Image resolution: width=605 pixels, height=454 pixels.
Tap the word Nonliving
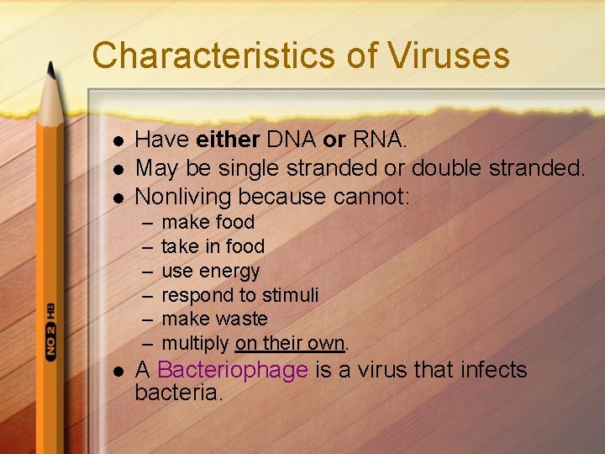coord(183,197)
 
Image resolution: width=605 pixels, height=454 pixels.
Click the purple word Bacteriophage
coord(233,370)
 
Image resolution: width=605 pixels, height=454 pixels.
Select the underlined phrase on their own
coord(290,343)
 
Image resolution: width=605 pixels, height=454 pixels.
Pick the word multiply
coord(194,343)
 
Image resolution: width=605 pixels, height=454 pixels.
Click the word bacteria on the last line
coord(178,393)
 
